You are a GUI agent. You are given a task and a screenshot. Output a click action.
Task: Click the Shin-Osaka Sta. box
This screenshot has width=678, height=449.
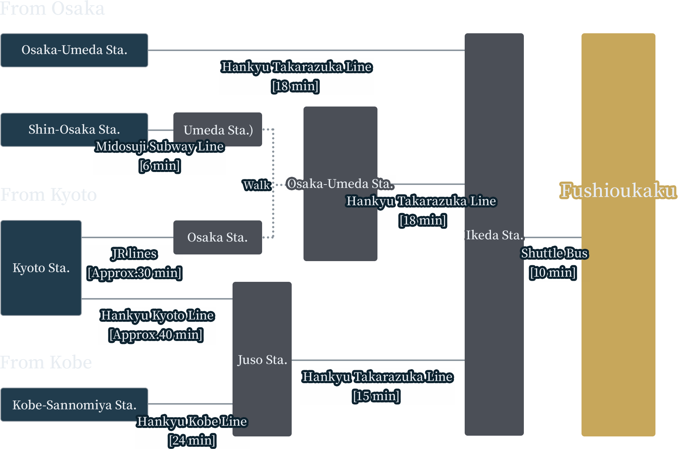point(74,129)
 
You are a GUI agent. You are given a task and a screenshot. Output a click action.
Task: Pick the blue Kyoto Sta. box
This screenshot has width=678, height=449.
point(41,268)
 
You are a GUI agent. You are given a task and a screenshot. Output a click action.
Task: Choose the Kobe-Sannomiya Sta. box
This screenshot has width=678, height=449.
point(74,405)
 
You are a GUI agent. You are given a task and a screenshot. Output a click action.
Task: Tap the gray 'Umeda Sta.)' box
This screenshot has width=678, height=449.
point(218,130)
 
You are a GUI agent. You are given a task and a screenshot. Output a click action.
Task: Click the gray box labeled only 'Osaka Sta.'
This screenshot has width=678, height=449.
point(217,237)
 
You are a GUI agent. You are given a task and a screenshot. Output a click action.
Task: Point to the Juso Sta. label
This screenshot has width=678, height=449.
point(262,359)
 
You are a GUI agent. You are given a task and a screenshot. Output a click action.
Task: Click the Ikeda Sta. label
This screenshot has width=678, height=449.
point(494,235)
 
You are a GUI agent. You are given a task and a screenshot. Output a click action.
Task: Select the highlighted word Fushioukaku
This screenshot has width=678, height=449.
point(618,190)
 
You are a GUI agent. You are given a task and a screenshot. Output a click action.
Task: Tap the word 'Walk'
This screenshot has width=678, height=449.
point(257,185)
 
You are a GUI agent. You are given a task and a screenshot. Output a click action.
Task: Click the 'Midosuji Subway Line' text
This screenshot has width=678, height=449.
point(160,146)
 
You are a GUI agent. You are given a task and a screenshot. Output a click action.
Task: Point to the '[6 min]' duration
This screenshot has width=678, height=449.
point(160,165)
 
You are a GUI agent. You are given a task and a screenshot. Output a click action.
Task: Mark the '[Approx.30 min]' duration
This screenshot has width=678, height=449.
point(135,273)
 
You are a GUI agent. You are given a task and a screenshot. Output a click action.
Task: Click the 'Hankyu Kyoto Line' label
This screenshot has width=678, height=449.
point(157,315)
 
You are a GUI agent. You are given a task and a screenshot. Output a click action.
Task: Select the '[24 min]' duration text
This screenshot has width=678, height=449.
point(192,440)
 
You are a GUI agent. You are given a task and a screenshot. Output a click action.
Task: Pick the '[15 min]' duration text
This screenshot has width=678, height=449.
point(376,396)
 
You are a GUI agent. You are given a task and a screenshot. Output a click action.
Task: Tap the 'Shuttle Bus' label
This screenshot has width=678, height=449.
point(554,253)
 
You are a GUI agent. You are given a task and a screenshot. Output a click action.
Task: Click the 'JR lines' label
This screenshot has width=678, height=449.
point(135,254)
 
